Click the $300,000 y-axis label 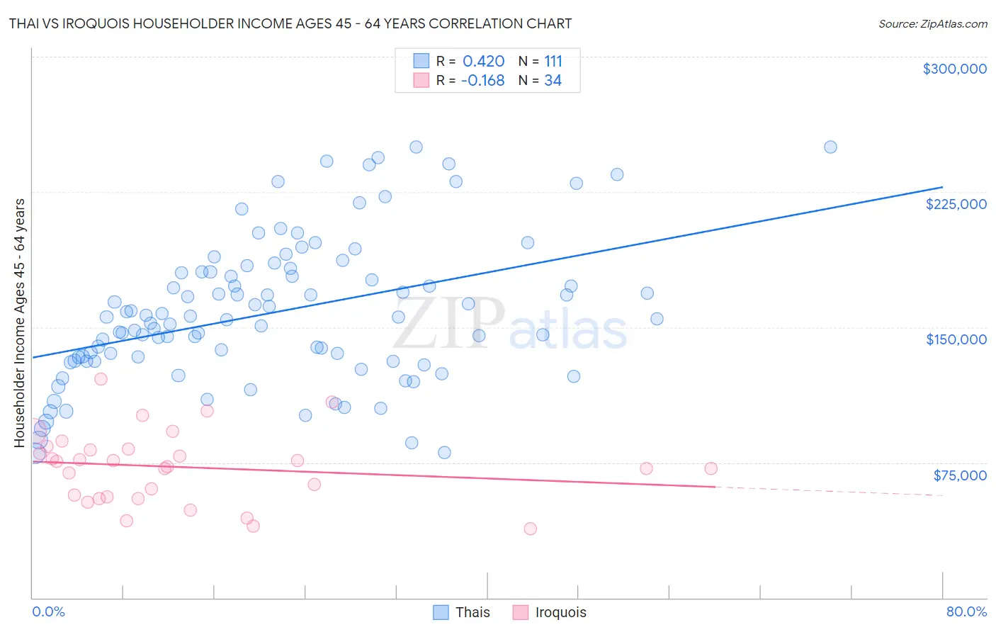[954, 69]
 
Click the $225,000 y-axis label [956, 204]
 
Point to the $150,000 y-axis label [956, 339]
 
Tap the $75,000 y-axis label [959, 475]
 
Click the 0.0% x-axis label [48, 611]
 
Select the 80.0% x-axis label [966, 611]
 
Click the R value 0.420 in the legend [483, 61]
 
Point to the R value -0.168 [482, 81]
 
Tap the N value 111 [553, 61]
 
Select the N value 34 [553, 81]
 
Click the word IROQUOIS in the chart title [90, 23]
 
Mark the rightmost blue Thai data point [830, 147]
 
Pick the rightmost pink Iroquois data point [711, 468]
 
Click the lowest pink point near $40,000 [530, 529]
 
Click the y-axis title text [20, 322]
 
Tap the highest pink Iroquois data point [101, 379]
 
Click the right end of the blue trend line [942, 187]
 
